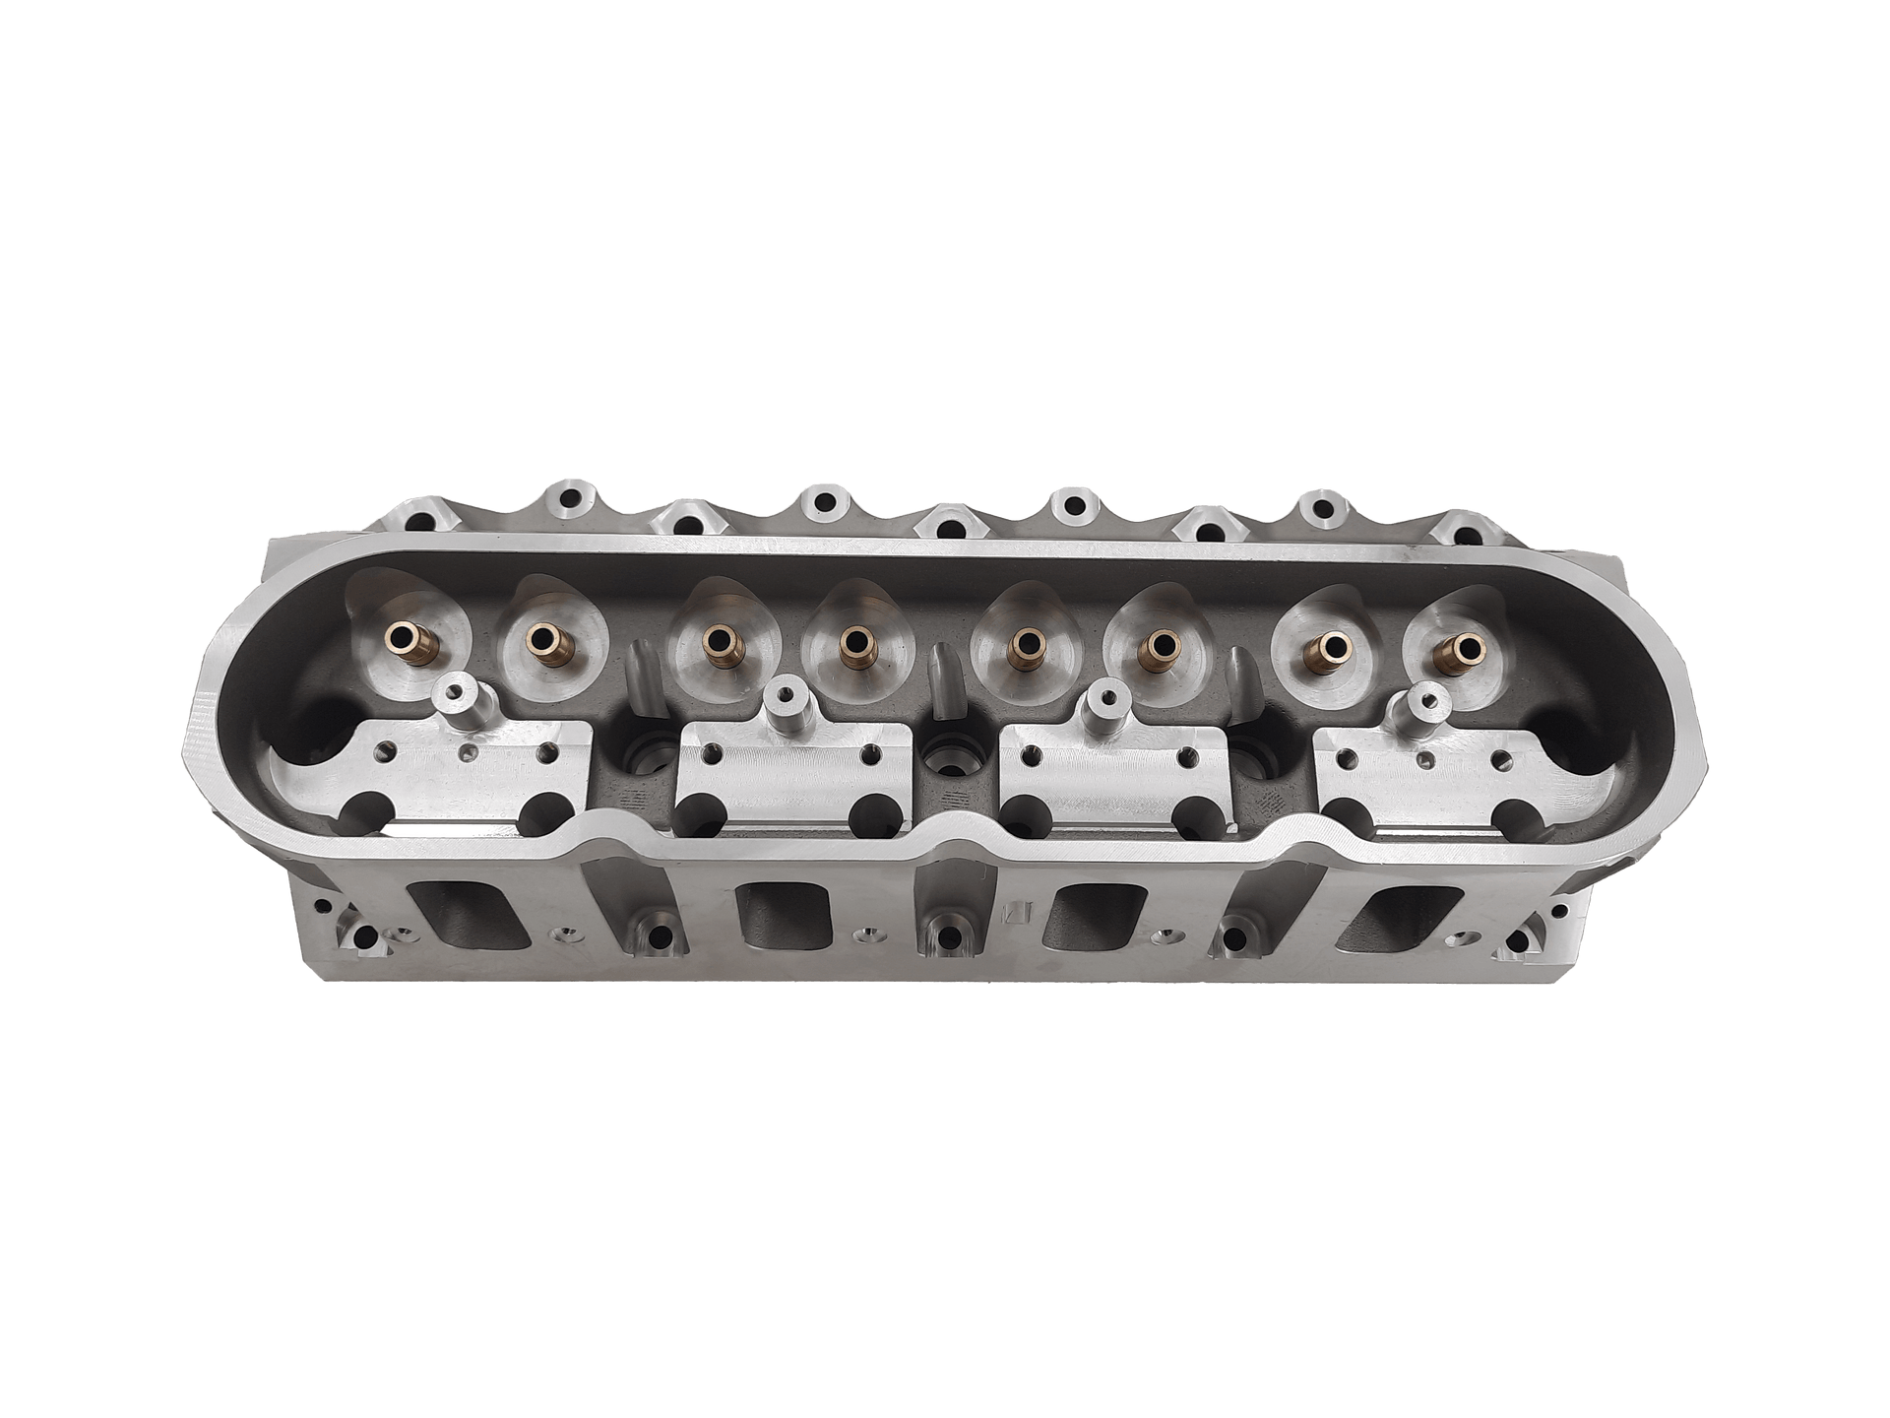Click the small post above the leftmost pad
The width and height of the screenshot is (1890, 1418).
tap(456, 701)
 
